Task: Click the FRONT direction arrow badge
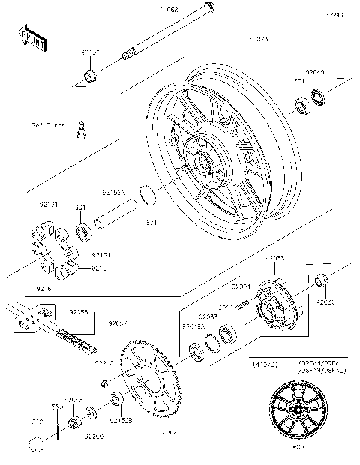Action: click(34, 37)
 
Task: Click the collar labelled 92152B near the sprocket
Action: click(117, 398)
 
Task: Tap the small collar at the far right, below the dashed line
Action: click(320, 282)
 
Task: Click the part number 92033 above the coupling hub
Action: click(275, 258)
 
